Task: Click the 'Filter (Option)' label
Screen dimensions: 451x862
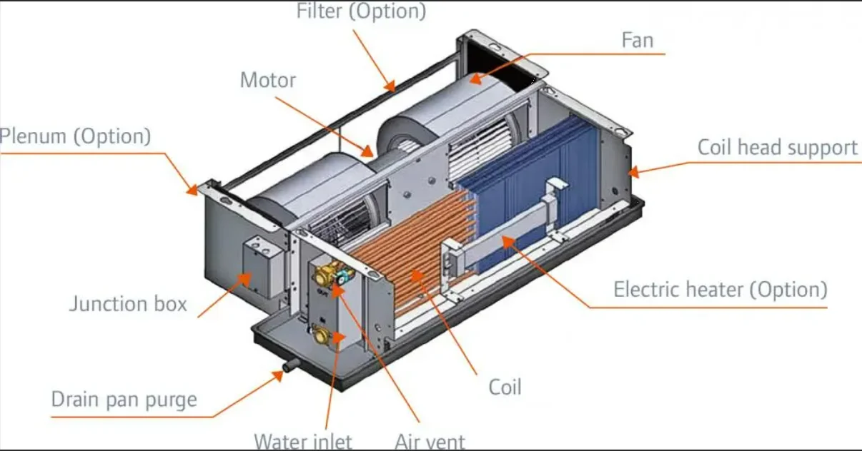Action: [361, 11]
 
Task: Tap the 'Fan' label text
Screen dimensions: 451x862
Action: [637, 40]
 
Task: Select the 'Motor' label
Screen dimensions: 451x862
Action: [267, 80]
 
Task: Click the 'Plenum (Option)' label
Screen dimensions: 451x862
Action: [75, 136]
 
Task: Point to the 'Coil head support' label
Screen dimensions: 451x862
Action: [777, 148]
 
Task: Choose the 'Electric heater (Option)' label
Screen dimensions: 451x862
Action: [720, 290]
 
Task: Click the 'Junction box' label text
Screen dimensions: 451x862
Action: [128, 304]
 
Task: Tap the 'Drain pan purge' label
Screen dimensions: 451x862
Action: [124, 399]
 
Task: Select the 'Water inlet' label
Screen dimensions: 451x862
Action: [303, 442]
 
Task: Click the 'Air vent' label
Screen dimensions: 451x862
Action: [430, 442]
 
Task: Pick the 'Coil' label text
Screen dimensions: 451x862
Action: [505, 387]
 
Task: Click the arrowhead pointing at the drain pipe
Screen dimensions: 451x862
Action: [279, 375]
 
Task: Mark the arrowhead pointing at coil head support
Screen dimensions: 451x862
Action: [633, 171]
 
